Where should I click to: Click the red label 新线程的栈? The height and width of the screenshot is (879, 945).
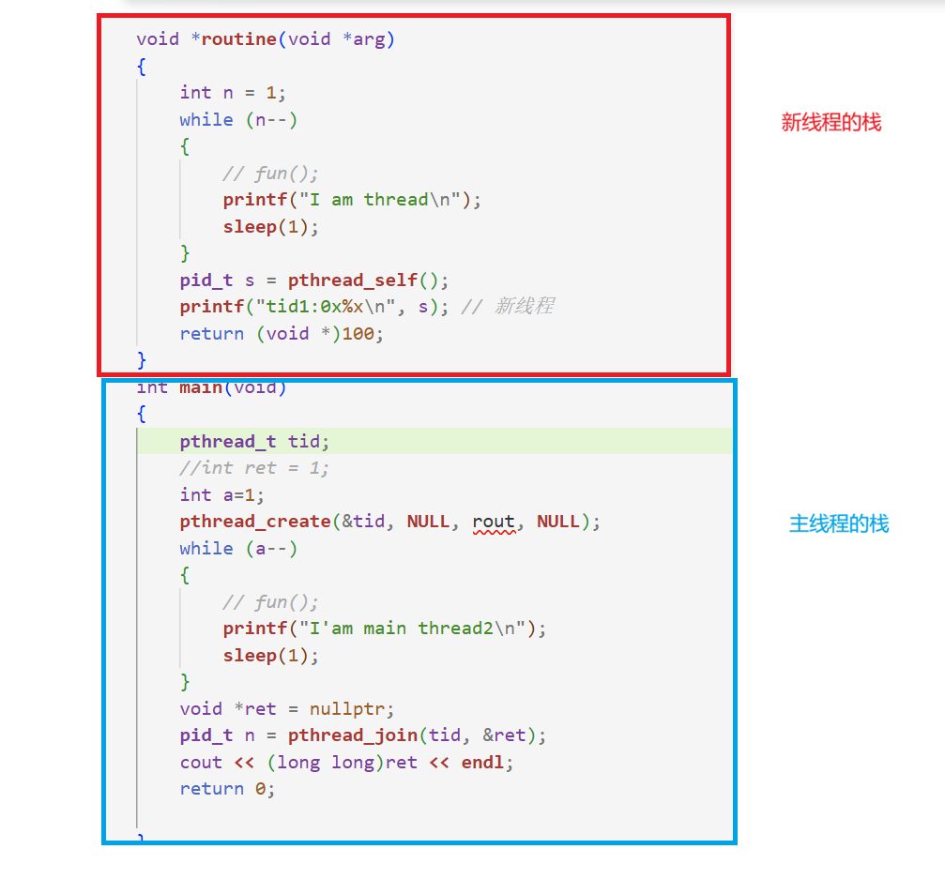[831, 122]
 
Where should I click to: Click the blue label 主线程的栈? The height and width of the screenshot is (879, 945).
[839, 523]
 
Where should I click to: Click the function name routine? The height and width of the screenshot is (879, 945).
[238, 39]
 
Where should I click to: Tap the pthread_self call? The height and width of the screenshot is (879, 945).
[353, 280]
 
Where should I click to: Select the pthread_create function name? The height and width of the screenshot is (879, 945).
[255, 522]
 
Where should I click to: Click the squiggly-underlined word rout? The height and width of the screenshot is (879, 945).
[494, 522]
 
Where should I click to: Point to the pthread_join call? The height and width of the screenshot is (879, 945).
[353, 735]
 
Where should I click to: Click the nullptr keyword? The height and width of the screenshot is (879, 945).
[347, 709]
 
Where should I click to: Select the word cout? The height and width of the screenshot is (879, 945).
[202, 762]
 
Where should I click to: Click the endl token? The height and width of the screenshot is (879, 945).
[482, 762]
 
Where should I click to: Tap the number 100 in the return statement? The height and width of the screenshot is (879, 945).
[358, 333]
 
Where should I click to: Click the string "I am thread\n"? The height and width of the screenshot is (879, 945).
[380, 200]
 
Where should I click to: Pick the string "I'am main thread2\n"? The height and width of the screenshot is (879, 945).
[413, 629]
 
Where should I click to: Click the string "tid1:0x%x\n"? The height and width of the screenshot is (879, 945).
[326, 307]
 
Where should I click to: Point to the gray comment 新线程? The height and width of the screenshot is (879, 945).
[524, 306]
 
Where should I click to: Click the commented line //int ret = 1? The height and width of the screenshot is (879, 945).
[254, 468]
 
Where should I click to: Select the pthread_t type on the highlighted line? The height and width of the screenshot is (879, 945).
[228, 442]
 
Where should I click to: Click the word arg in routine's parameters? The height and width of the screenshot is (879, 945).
[369, 40]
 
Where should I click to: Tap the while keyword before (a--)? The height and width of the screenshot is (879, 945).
[206, 548]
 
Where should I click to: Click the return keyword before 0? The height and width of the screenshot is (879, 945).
[212, 789]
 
